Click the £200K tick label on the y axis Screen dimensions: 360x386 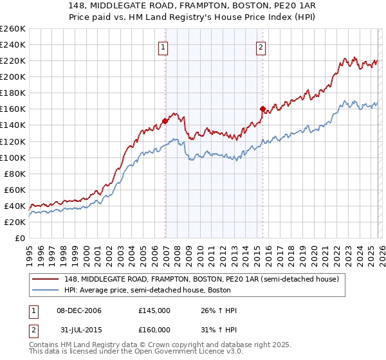(x=13, y=76)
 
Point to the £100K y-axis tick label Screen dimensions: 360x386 (x=13, y=157)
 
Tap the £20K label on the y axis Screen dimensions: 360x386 (x=15, y=222)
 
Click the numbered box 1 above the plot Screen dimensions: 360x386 (x=163, y=46)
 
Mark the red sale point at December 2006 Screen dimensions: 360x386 (x=165, y=120)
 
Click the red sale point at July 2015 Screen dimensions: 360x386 (x=262, y=109)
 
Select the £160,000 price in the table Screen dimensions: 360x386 (x=154, y=330)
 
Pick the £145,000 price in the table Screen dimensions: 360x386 (x=154, y=310)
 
